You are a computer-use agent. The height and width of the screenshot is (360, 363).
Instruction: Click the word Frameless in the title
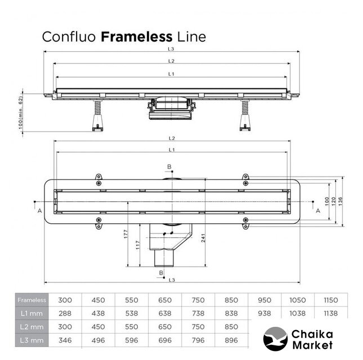[x=136, y=37]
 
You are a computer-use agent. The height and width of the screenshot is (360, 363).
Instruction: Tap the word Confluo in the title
[x=70, y=37]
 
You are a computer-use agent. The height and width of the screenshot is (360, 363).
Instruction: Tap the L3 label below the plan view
[x=172, y=280]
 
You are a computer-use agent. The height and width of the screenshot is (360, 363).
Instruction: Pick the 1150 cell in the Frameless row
[x=330, y=300]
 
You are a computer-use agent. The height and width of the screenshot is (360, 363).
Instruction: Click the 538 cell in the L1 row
[x=131, y=313]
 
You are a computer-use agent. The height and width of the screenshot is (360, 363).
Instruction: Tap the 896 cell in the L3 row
[x=231, y=340]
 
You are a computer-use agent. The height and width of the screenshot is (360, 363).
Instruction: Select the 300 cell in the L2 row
[x=65, y=327]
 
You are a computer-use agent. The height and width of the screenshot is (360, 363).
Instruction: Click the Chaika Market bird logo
[x=276, y=339]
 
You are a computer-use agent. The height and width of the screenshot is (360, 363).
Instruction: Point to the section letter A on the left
[x=39, y=211]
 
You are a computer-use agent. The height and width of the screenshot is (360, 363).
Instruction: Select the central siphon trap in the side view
[x=171, y=107]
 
